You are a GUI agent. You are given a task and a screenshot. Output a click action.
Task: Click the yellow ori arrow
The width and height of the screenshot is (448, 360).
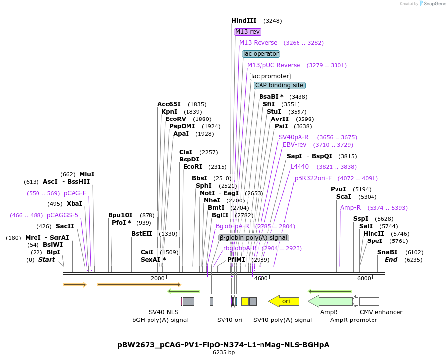[x=284, y=301]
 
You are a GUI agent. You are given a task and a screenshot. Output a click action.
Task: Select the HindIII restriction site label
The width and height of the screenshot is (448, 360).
[x=244, y=21]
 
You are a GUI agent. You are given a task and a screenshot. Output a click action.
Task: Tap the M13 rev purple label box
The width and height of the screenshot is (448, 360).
[x=247, y=32]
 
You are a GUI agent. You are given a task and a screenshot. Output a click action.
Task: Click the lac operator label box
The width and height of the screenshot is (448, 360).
[x=261, y=54]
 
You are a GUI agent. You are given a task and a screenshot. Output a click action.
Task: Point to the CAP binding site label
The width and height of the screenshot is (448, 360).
[x=279, y=85]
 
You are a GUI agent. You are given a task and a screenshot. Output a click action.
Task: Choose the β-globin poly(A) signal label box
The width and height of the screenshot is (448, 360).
[x=253, y=238]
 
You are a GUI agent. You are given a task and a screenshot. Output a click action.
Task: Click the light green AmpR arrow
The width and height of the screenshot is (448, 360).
[x=329, y=301]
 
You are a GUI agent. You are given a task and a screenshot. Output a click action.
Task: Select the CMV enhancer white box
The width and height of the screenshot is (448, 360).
[x=369, y=301]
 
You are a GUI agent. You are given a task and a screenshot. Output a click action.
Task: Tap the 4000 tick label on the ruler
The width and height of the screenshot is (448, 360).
[x=261, y=279]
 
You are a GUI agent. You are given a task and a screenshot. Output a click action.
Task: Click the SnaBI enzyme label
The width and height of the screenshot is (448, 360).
[x=387, y=252]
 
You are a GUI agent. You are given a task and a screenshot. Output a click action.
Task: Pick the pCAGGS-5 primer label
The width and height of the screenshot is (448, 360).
[x=63, y=215]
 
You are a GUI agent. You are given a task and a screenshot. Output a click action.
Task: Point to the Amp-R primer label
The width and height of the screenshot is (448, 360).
[x=350, y=208]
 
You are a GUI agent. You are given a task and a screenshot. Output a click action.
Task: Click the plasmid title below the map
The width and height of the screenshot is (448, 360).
[x=224, y=345]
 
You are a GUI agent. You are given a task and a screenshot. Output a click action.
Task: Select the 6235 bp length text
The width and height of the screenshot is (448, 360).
[x=224, y=353]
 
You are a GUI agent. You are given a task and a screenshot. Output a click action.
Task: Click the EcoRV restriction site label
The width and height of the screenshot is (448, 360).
[x=176, y=119]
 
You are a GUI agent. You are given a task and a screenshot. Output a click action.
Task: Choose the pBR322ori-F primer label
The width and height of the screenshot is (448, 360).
[x=313, y=178]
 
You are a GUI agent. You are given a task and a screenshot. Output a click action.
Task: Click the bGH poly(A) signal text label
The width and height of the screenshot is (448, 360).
[x=160, y=320]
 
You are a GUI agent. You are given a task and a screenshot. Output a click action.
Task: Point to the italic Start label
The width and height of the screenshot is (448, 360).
[x=47, y=260]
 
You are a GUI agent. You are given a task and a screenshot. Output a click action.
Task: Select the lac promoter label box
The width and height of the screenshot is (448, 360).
[x=270, y=76]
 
